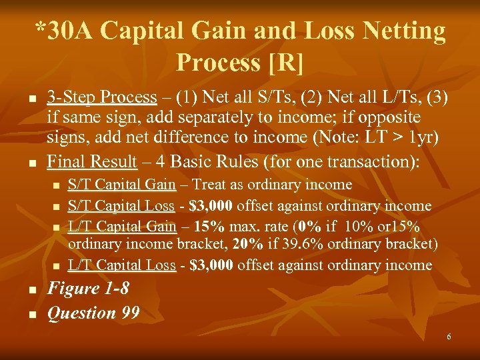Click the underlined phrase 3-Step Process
[x=101, y=97]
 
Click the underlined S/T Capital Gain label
[x=122, y=185]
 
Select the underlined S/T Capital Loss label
[x=122, y=206]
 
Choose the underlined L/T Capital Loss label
[x=122, y=265]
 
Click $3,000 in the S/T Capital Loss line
[x=212, y=206]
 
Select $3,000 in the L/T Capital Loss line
[x=212, y=265]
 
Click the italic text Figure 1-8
[x=88, y=289]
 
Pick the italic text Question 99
[x=93, y=312]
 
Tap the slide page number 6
[x=449, y=337]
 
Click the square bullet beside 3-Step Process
[x=31, y=99]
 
